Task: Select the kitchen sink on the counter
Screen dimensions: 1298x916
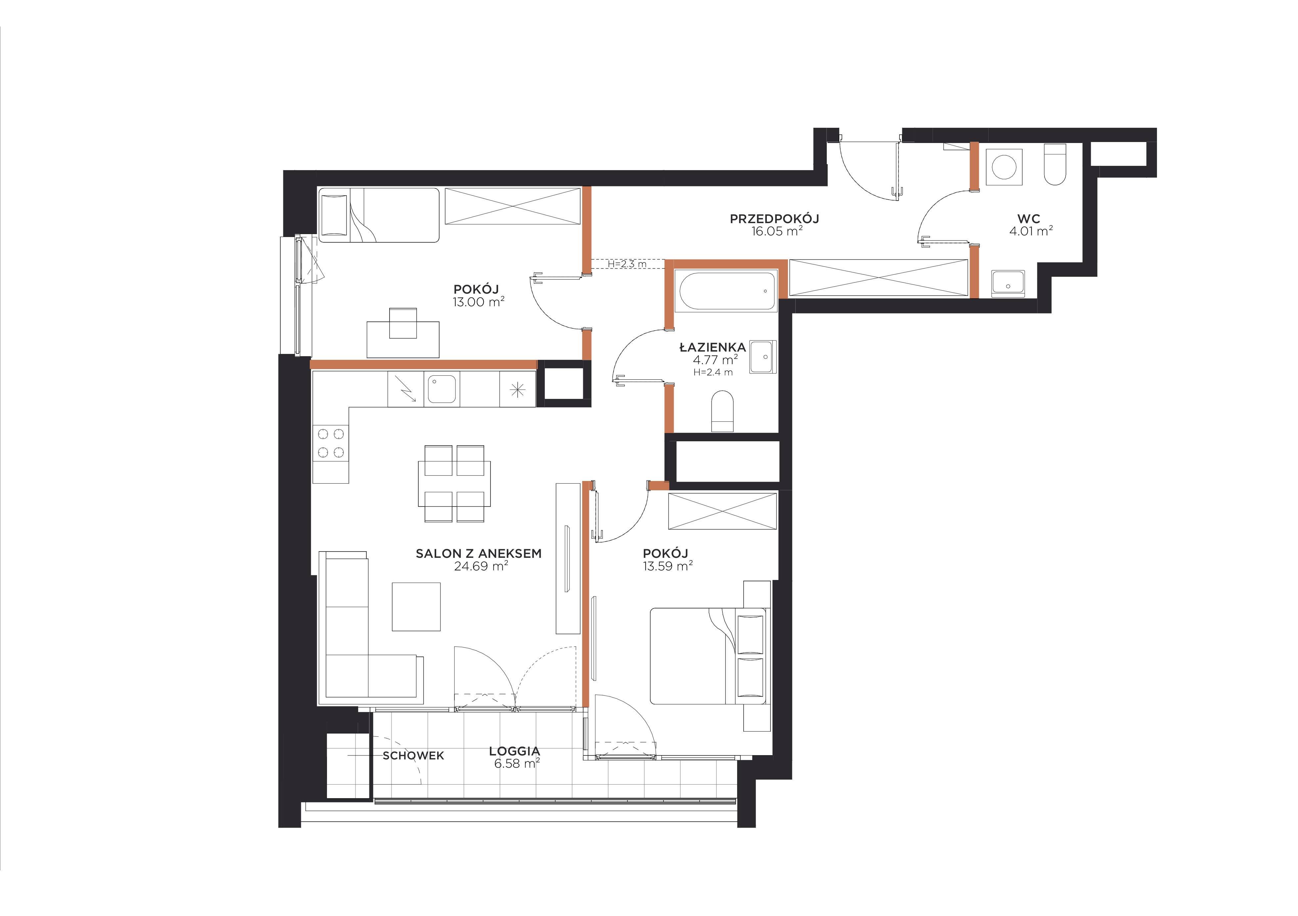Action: point(441,390)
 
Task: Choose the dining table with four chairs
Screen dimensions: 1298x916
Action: point(454,483)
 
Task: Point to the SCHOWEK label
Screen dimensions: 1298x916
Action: point(413,755)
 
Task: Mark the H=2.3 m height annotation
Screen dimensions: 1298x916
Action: point(627,264)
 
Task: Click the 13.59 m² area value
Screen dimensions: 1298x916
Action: point(668,566)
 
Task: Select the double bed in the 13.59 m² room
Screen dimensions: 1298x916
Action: point(710,656)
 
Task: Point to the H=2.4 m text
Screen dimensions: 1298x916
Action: point(713,372)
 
